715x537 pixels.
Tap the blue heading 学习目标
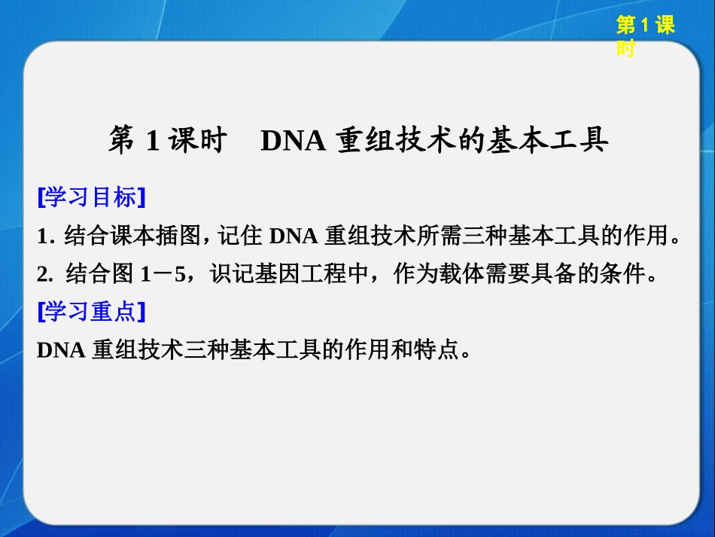pyautogui.click(x=91, y=197)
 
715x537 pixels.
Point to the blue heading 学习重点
pyautogui.click(x=91, y=311)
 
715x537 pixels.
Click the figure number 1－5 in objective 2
pyautogui.click(x=163, y=274)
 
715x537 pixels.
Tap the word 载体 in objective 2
pyautogui.click(x=473, y=274)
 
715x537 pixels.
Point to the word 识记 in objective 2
pyautogui.click(x=227, y=274)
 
